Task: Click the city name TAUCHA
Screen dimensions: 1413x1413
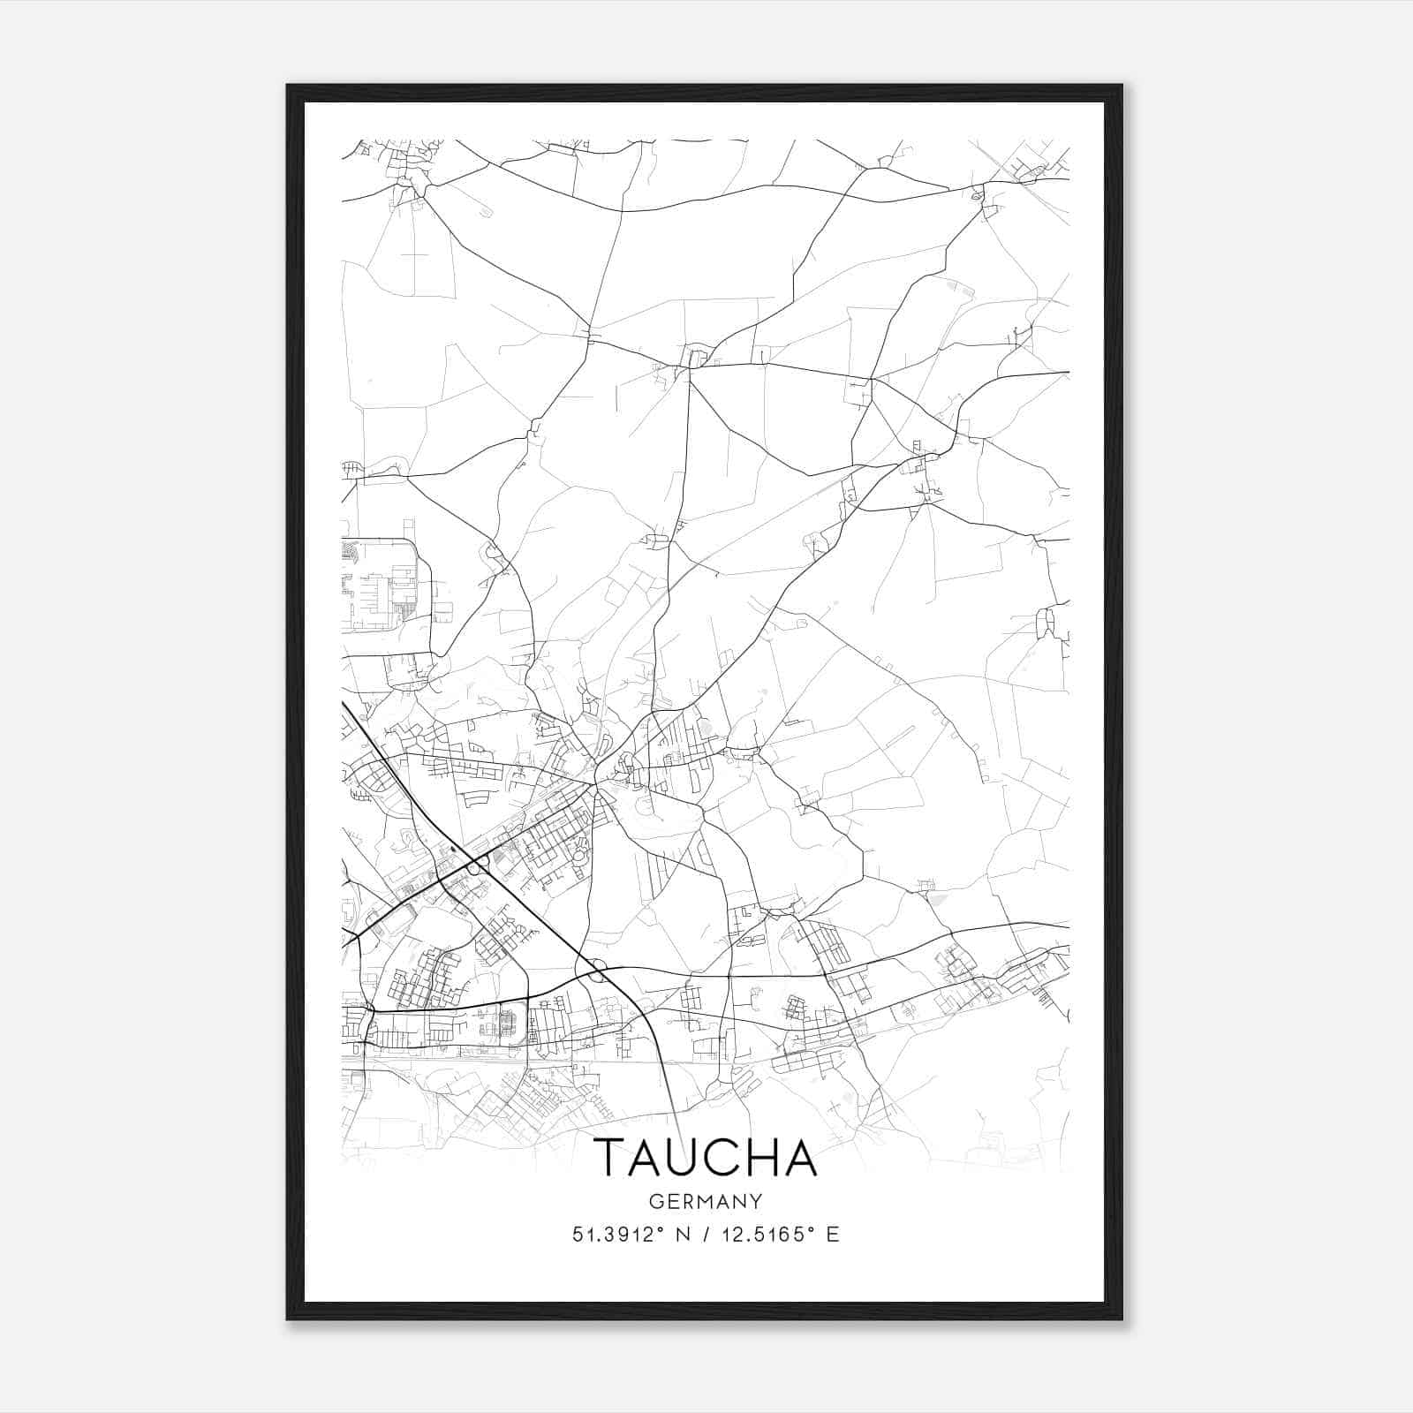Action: click(x=706, y=1158)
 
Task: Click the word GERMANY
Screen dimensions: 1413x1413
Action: click(x=706, y=1201)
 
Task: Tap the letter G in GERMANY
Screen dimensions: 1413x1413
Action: click(x=655, y=1201)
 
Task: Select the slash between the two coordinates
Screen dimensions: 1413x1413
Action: click(x=706, y=1235)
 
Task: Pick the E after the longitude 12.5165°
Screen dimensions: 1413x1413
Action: click(x=832, y=1235)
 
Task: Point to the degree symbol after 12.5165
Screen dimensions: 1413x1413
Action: click(x=810, y=1228)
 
